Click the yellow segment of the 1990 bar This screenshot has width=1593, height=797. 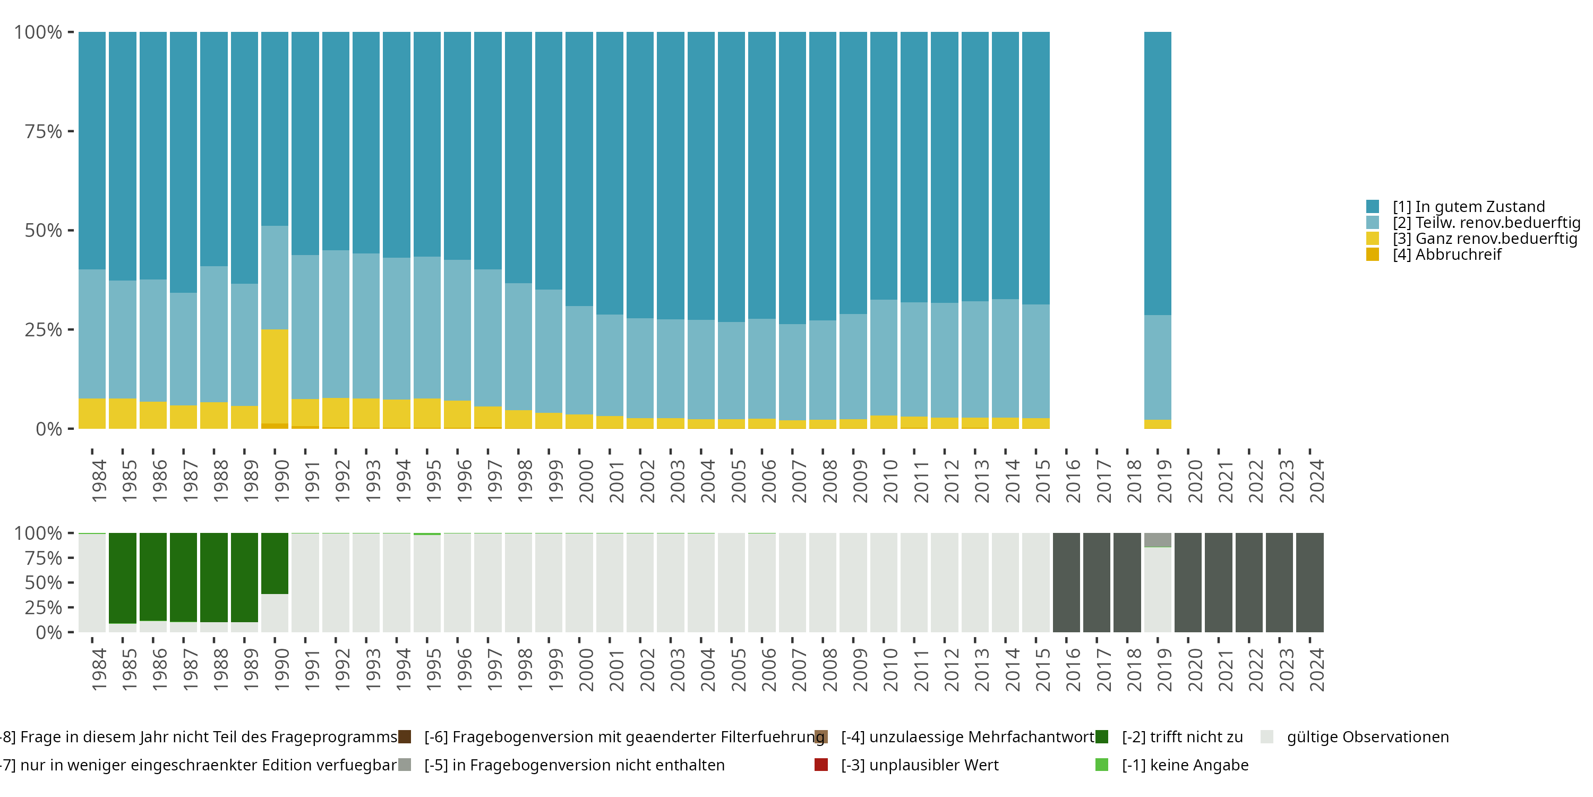click(275, 376)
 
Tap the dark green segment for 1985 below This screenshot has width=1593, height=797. click(123, 578)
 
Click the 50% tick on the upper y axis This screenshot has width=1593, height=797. click(44, 231)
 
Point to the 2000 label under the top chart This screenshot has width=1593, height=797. click(586, 481)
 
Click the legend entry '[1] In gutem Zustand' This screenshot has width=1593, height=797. click(1468, 207)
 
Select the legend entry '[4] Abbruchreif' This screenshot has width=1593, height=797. click(1446, 255)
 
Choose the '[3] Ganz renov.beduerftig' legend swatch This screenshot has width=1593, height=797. click(1372, 238)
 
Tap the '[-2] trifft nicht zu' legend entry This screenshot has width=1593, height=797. click(1182, 737)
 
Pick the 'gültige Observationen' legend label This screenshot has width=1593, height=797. click(1367, 737)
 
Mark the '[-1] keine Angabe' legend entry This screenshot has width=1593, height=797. click(1185, 765)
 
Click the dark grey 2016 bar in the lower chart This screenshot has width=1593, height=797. click(1066, 582)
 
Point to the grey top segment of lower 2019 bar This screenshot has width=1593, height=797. click(1157, 540)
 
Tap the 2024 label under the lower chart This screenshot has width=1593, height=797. click(1316, 669)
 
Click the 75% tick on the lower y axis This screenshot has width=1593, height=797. click(44, 558)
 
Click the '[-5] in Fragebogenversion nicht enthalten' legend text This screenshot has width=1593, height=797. click(574, 765)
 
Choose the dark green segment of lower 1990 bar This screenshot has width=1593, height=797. click(275, 563)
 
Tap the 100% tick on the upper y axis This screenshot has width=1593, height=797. click(38, 32)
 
